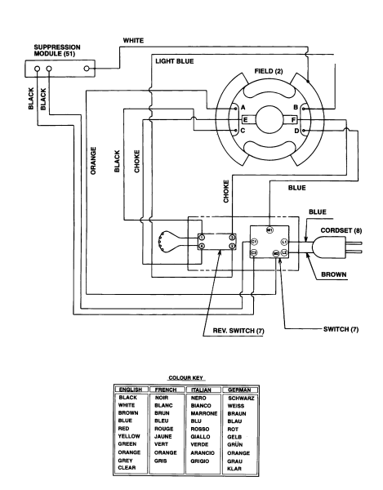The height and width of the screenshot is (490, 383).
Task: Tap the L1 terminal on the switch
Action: click(284, 243)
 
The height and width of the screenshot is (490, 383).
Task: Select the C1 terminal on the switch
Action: click(254, 243)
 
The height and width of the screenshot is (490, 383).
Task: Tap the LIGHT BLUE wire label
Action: click(174, 61)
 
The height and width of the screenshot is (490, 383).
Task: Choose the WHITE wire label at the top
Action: click(133, 39)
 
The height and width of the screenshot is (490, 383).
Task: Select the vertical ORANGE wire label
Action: click(94, 163)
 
